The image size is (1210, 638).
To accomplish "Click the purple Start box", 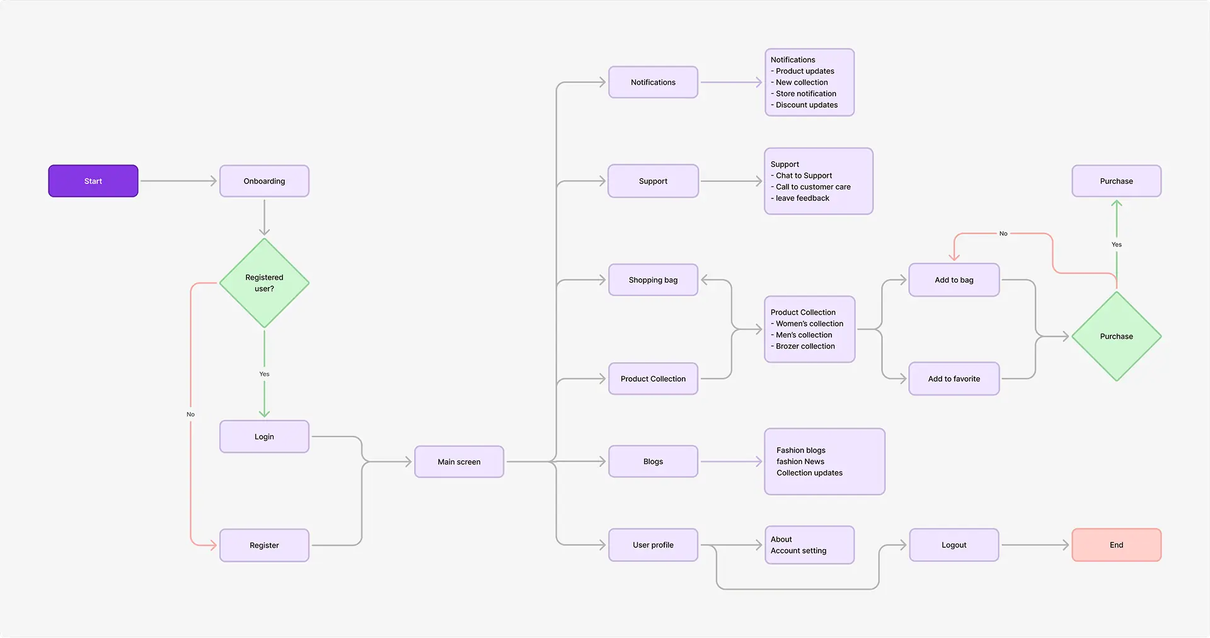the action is click(x=93, y=181).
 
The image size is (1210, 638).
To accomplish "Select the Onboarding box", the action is click(x=264, y=181).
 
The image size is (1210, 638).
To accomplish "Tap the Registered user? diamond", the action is click(x=264, y=283).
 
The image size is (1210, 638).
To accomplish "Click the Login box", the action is click(x=264, y=436).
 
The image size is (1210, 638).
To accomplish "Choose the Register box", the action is click(x=264, y=545).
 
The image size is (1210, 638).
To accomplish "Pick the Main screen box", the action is click(x=459, y=462).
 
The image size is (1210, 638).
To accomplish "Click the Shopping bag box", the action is click(x=653, y=280).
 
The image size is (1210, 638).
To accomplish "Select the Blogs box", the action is click(x=653, y=462).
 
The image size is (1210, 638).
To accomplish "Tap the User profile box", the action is click(x=653, y=545).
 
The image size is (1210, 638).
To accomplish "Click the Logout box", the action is click(x=954, y=545).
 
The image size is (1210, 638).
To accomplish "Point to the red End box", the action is click(x=1117, y=545).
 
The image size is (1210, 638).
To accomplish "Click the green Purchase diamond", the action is click(x=1117, y=336).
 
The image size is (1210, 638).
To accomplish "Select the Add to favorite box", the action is click(x=954, y=379).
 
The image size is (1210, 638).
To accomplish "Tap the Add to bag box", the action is click(x=954, y=280).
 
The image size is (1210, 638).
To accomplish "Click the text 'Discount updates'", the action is click(x=807, y=105).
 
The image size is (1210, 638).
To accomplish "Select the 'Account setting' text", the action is click(x=798, y=550).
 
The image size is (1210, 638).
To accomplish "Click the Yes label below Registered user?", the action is click(x=264, y=374).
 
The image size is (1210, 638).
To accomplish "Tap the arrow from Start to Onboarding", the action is click(x=178, y=181).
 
